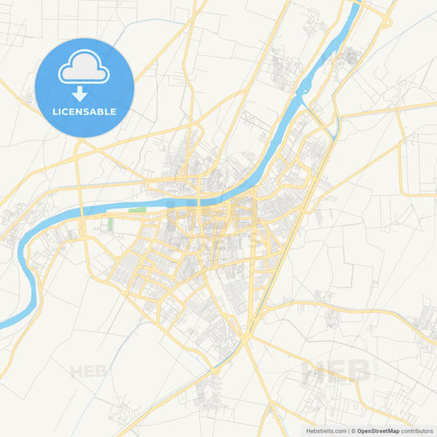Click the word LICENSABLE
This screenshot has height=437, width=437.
click(84, 112)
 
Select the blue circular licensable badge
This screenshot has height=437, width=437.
click(84, 88)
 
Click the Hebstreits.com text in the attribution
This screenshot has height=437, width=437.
click(325, 430)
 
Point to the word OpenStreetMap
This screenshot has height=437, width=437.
click(378, 430)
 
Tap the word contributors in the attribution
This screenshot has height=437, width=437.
click(417, 430)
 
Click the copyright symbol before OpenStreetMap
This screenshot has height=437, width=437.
click(353, 430)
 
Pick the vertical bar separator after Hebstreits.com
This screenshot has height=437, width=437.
click(348, 430)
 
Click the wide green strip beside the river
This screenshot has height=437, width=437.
click(136, 211)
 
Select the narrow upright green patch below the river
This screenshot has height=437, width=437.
click(109, 225)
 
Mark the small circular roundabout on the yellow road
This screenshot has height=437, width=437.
click(244, 338)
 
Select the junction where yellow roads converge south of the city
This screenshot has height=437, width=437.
click(244, 338)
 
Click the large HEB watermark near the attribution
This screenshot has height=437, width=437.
click(336, 371)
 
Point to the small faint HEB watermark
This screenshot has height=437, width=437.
click(88, 371)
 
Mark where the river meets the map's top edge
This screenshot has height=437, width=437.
click(358, 2)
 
